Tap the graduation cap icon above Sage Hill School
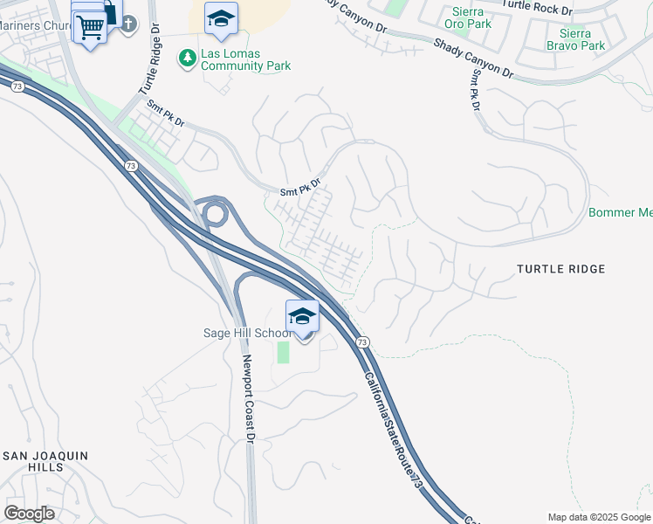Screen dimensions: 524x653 pos(302,316)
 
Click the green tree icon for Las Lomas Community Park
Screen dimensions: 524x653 pos(186,59)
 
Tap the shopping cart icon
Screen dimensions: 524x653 pos(89,26)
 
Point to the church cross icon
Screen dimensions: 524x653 pos(128,24)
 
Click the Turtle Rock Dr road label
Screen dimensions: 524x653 pos(536,10)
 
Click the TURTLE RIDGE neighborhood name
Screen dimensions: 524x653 pos(560,269)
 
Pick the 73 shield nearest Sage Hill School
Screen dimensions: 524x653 pos(363,341)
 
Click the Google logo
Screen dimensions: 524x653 pos(29,514)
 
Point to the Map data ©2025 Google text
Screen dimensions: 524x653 pos(599,517)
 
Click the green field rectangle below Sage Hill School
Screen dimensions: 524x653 pos(283,353)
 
